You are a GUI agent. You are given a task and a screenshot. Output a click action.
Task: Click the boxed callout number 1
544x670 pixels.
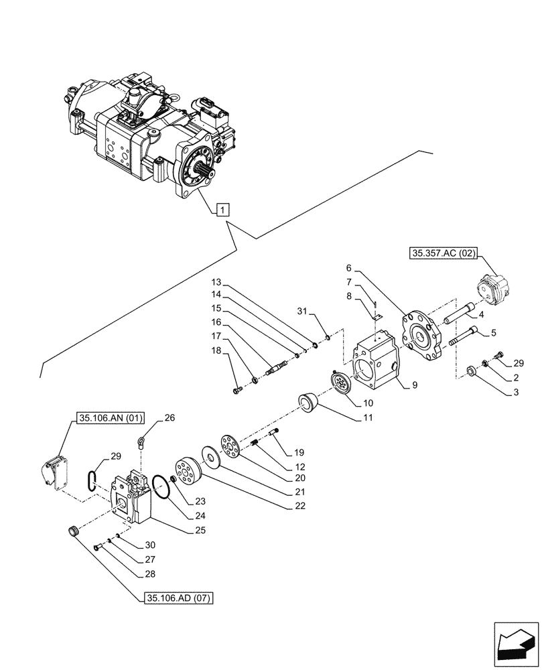[222, 209]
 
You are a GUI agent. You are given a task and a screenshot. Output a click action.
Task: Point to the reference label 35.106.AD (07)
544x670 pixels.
[178, 598]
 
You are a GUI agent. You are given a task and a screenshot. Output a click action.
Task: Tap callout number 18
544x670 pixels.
[216, 350]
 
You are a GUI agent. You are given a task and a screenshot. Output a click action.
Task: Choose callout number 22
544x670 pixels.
[299, 506]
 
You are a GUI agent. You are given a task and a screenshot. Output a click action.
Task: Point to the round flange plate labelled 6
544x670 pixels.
[421, 336]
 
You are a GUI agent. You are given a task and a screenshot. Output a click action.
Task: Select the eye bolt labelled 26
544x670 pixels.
[142, 442]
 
